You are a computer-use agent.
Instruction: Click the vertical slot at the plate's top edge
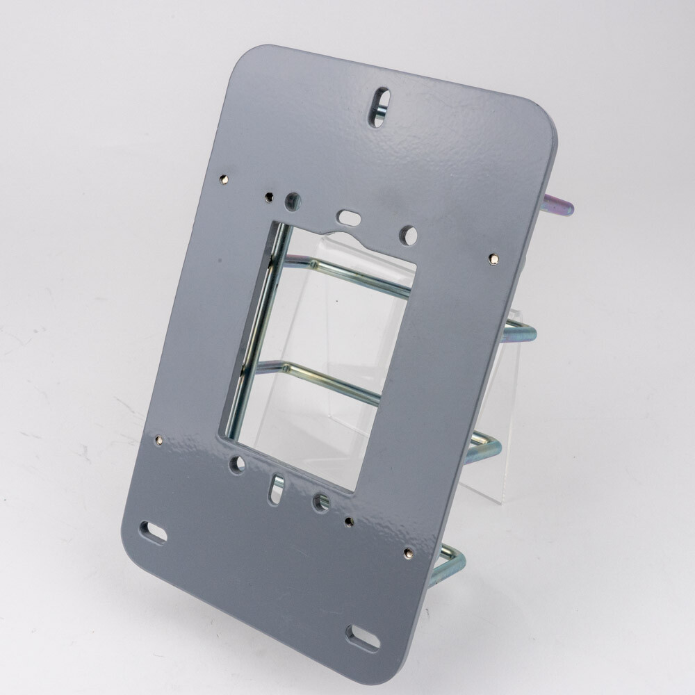click(379, 107)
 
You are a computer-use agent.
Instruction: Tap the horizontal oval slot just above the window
click(349, 218)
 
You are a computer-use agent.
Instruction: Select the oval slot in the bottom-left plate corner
click(153, 533)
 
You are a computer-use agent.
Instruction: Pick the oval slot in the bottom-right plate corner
click(363, 638)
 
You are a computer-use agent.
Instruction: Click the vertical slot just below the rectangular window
click(277, 489)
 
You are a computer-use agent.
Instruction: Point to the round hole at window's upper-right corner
click(409, 236)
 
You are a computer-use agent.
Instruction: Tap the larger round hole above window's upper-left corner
click(293, 202)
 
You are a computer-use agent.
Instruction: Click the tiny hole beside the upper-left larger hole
click(269, 197)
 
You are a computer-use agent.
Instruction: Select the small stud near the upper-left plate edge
click(223, 179)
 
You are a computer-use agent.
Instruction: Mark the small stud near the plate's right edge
click(493, 259)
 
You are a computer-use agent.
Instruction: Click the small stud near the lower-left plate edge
click(159, 439)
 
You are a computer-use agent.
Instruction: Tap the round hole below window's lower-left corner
click(237, 464)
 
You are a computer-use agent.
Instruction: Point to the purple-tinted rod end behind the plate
click(559, 204)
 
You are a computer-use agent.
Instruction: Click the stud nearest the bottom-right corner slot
click(409, 553)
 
